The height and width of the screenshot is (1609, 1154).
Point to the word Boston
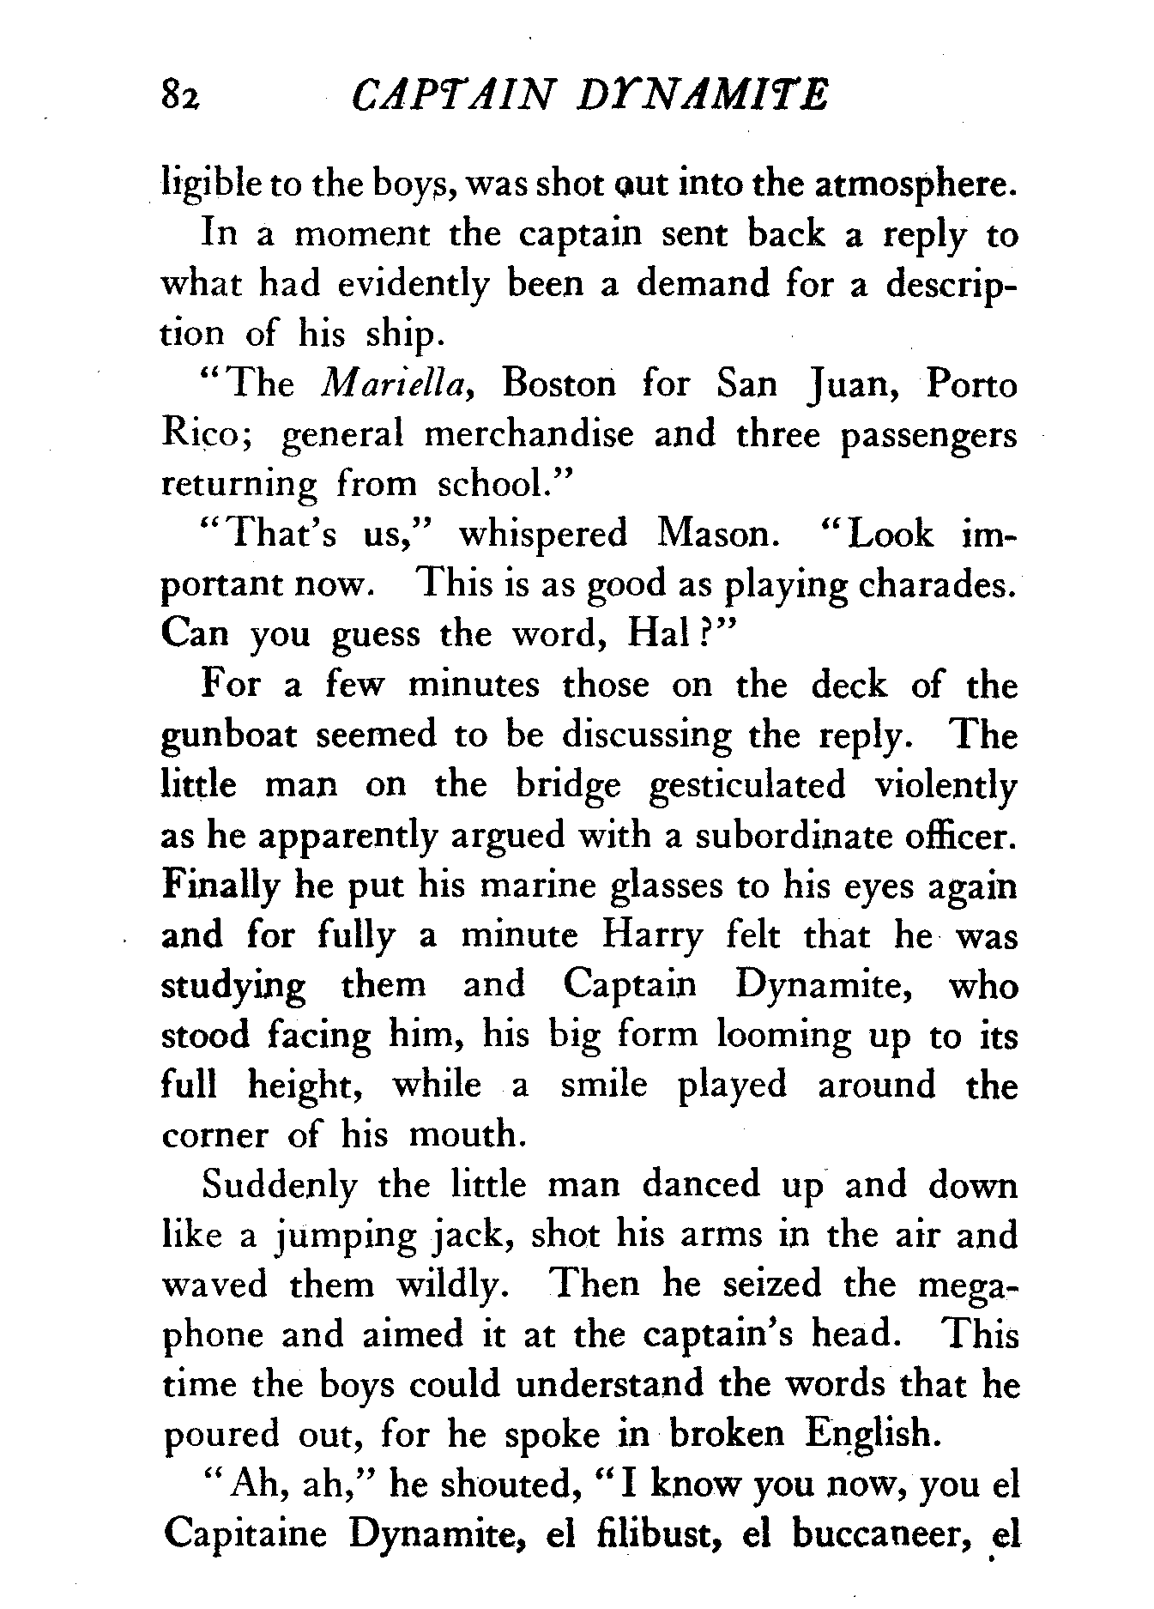(559, 384)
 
